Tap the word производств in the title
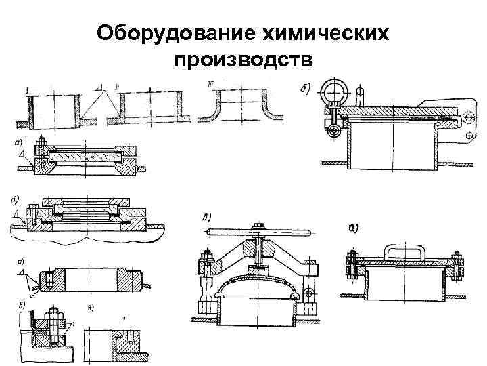(243, 61)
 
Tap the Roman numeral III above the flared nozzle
(212, 85)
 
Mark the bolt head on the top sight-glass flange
(42, 142)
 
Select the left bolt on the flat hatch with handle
(353, 265)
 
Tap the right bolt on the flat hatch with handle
(457, 265)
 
